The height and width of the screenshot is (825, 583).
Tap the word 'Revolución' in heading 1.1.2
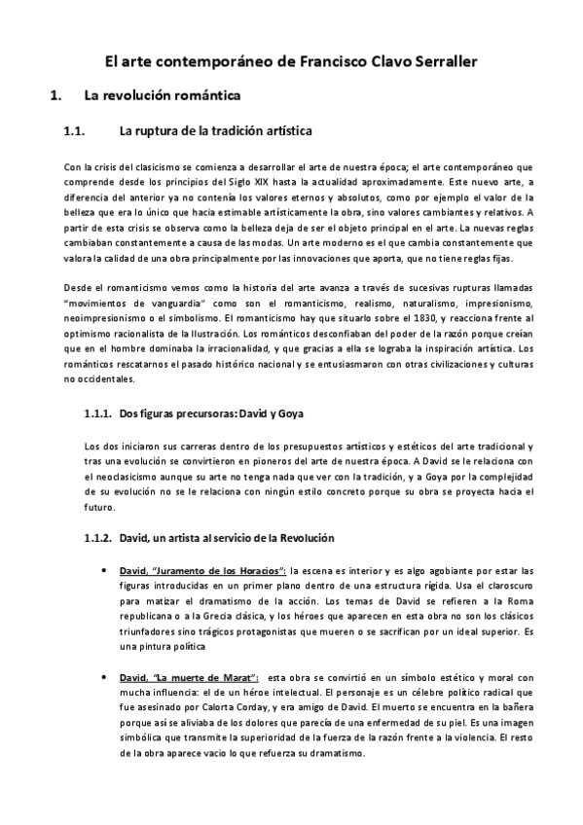click(x=303, y=537)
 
